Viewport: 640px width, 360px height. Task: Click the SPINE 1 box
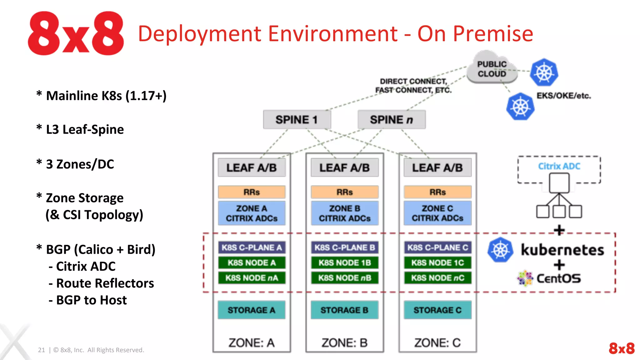click(x=297, y=120)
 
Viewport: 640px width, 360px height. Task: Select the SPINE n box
click(x=391, y=120)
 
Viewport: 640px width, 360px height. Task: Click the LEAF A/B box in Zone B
click(x=344, y=168)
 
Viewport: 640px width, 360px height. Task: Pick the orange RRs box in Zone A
click(x=252, y=192)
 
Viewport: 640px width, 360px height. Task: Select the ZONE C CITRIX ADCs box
click(x=437, y=213)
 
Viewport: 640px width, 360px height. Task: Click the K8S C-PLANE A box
click(x=252, y=247)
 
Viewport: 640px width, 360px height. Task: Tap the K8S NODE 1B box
click(x=344, y=263)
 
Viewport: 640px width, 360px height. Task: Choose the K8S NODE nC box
click(x=437, y=278)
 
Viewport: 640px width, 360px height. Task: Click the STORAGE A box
click(x=252, y=310)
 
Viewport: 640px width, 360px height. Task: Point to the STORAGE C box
click(x=437, y=310)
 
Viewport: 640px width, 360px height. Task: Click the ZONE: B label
click(x=344, y=343)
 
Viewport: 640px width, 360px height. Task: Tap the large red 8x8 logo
click(x=76, y=33)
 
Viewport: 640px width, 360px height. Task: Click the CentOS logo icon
click(x=525, y=278)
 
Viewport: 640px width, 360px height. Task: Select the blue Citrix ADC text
click(x=559, y=166)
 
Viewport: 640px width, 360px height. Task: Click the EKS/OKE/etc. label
click(x=564, y=96)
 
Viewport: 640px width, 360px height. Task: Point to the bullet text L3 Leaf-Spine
click(x=85, y=129)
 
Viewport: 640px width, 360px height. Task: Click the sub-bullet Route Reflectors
click(x=105, y=283)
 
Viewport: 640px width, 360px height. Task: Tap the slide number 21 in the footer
click(x=41, y=350)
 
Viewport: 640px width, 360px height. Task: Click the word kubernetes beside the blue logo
click(x=562, y=250)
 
